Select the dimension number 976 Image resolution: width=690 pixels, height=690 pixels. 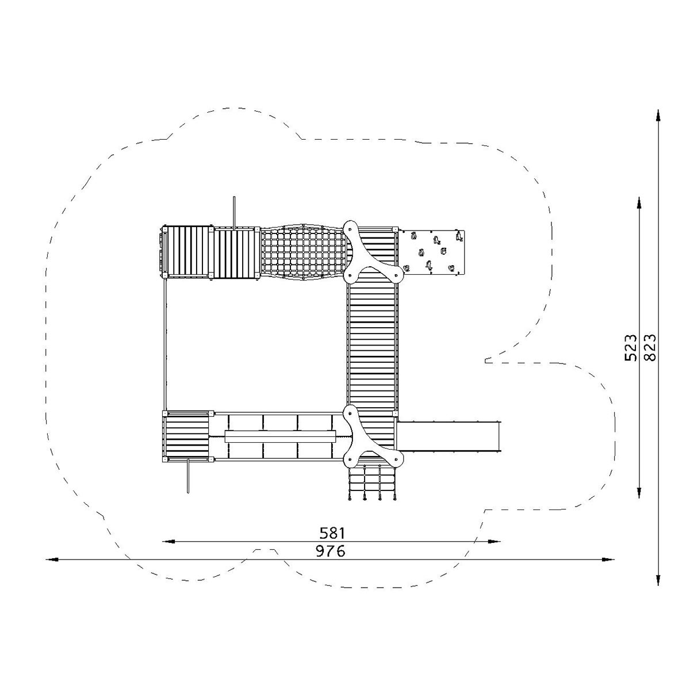pyautogui.click(x=330, y=561)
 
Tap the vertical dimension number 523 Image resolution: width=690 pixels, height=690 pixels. pyautogui.click(x=631, y=348)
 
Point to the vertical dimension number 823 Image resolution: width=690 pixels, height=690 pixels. pyautogui.click(x=650, y=347)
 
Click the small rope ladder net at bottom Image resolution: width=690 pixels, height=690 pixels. pyautogui.click(x=373, y=482)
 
